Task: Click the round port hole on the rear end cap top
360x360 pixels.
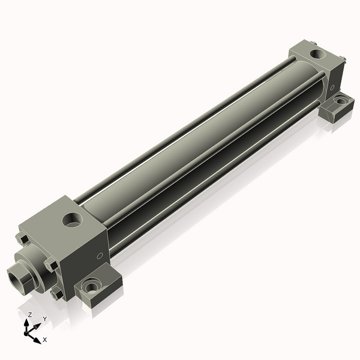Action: pos(316,56)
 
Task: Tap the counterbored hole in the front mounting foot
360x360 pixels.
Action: pos(92,287)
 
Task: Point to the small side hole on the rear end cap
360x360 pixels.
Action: pos(332,86)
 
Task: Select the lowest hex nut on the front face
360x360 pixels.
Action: pos(56,294)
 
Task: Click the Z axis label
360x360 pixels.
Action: pos(29,314)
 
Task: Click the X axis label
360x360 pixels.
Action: pos(44,340)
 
